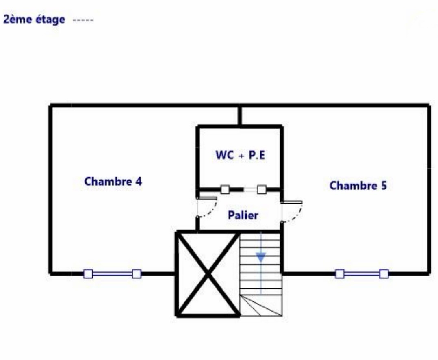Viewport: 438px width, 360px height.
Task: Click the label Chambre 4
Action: pyautogui.click(x=113, y=182)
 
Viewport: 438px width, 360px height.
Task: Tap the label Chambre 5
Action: pyautogui.click(x=358, y=186)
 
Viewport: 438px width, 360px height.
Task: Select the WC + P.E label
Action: pyautogui.click(x=240, y=155)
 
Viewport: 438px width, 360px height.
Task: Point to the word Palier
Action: pyautogui.click(x=243, y=215)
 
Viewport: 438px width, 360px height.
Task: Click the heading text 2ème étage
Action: pyautogui.click(x=34, y=20)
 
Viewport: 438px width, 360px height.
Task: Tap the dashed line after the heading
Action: pyautogui.click(x=83, y=20)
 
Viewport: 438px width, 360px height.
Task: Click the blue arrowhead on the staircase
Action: pyautogui.click(x=260, y=257)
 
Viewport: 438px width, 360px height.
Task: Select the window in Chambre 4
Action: pyautogui.click(x=112, y=274)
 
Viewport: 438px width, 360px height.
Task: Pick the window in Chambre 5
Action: pyautogui.click(x=361, y=274)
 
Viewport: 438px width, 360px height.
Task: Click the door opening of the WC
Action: pyautogui.click(x=243, y=189)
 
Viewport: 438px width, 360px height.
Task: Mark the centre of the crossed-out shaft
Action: pyautogui.click(x=208, y=273)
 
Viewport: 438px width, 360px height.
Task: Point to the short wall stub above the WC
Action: pyautogui.click(x=240, y=116)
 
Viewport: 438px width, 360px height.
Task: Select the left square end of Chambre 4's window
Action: pyautogui.click(x=88, y=274)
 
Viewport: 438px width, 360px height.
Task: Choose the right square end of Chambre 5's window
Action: pyautogui.click(x=384, y=274)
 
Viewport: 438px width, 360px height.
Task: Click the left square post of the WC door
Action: pyautogui.click(x=225, y=189)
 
